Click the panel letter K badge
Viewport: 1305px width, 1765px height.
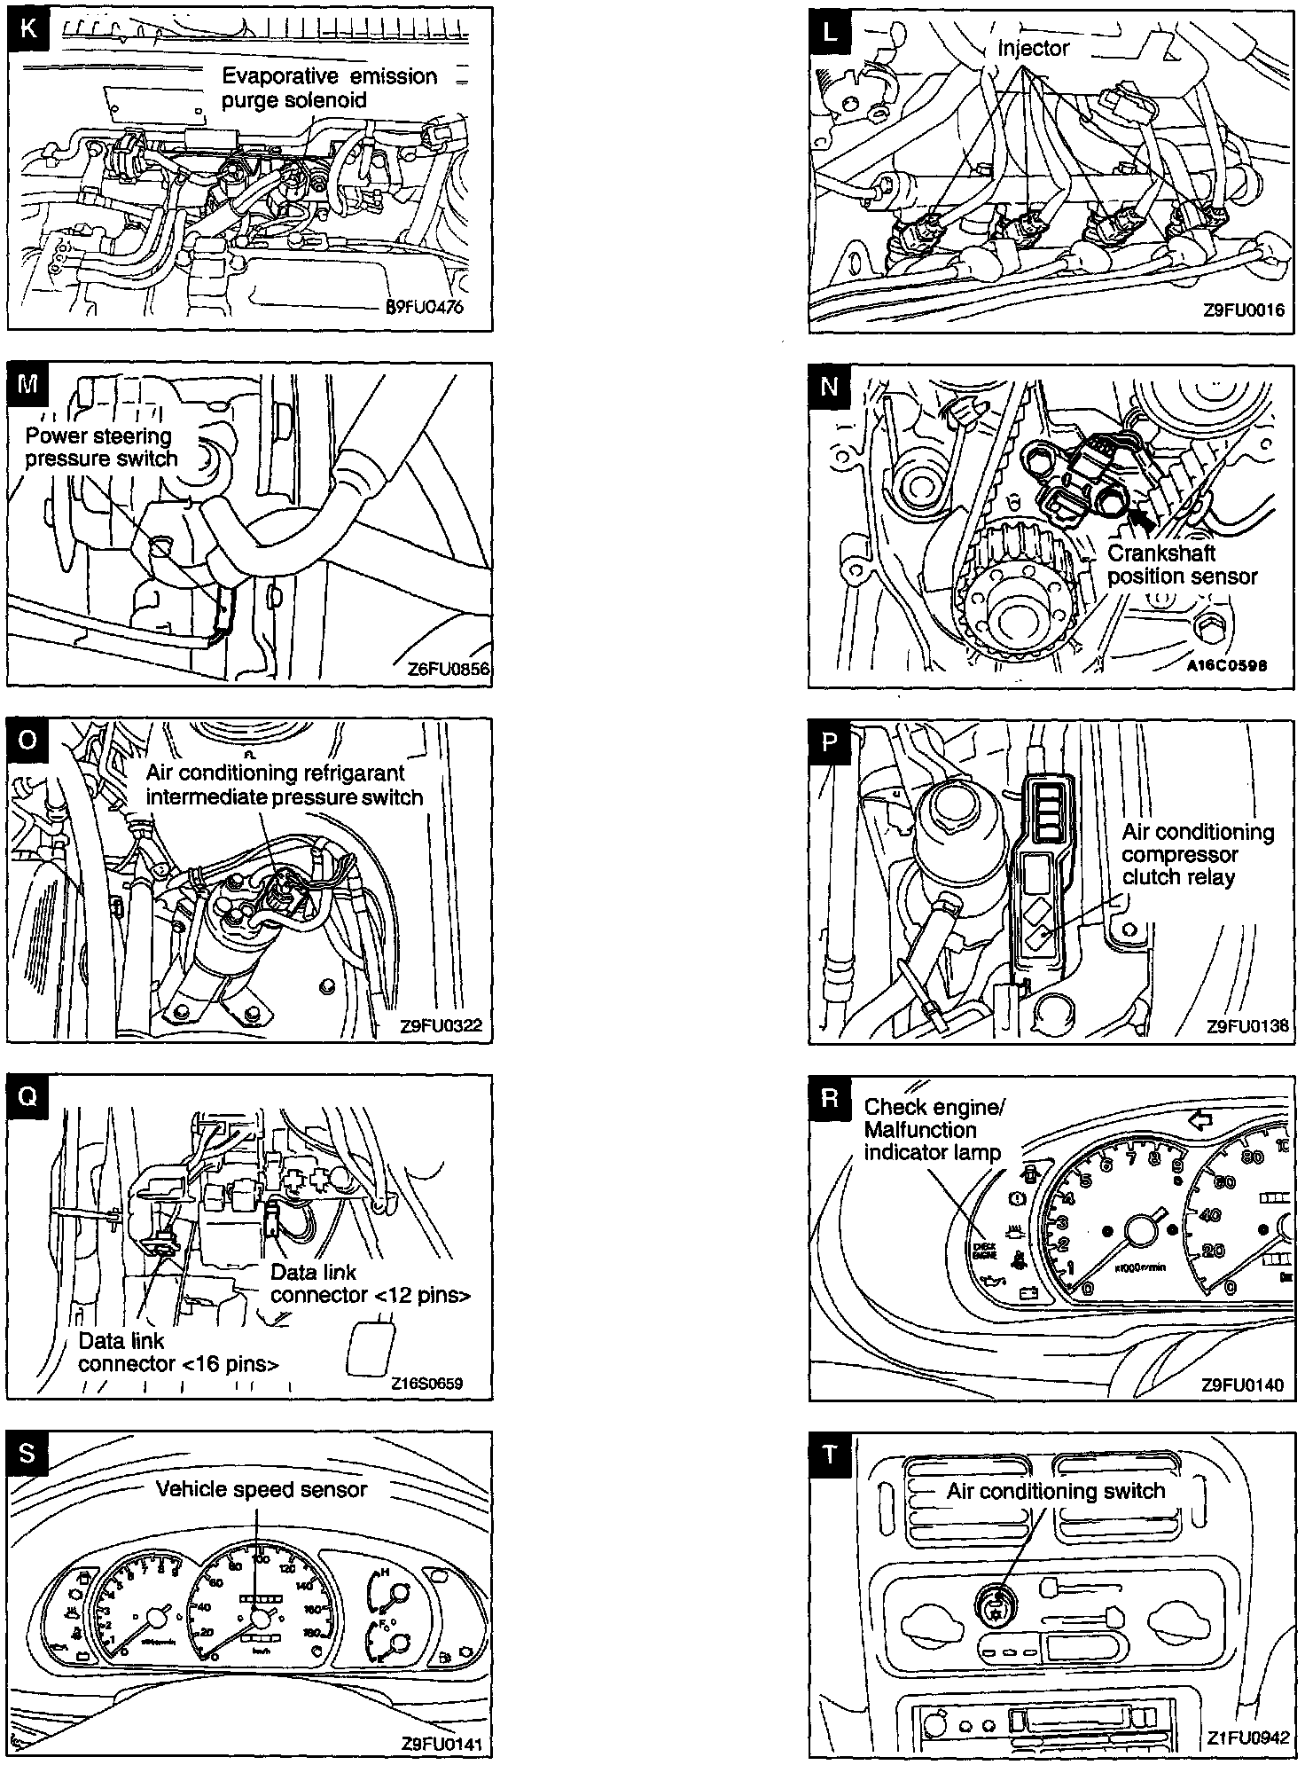click(27, 27)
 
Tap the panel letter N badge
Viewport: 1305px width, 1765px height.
click(830, 386)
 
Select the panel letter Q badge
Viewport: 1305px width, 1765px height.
click(27, 1097)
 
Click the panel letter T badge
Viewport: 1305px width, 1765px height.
click(830, 1454)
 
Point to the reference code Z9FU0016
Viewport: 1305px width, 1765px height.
click(1243, 311)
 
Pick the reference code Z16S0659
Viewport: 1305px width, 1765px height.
click(426, 1383)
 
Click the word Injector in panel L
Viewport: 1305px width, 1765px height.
click(1033, 49)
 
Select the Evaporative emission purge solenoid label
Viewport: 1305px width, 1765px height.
click(329, 88)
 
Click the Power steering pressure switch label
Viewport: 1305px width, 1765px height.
click(101, 447)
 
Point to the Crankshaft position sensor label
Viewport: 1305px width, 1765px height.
click(1182, 564)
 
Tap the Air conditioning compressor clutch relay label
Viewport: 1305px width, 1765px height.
click(1197, 854)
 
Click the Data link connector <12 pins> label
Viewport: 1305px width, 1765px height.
click(370, 1283)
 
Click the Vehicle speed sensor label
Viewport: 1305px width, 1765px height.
click(262, 1489)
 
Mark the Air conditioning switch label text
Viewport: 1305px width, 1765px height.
click(1055, 1491)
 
